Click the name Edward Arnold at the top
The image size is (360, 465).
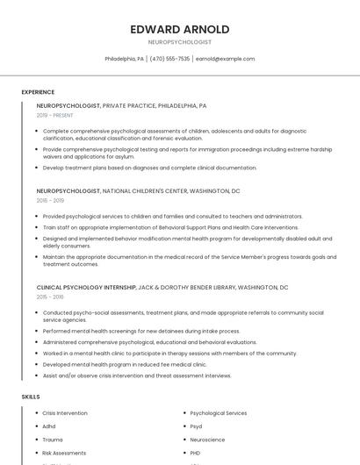pos(180,30)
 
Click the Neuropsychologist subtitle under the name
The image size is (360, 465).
pos(180,42)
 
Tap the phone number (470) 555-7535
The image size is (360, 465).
pos(169,59)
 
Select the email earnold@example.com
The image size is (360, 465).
pos(225,59)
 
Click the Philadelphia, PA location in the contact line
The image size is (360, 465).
pos(125,59)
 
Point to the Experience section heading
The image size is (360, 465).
pos(38,92)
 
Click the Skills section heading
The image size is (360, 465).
pos(31,397)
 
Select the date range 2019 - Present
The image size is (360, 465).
pos(55,115)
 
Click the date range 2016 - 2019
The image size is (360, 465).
pos(50,200)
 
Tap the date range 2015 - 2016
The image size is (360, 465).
pos(50,297)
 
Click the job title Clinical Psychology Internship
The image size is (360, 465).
pos(86,287)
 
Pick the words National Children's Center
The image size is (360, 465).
pos(141,190)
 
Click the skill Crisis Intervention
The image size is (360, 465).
pos(65,412)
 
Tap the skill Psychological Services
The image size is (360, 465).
pos(219,412)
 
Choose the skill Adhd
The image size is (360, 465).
pos(49,426)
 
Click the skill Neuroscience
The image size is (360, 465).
pos(207,440)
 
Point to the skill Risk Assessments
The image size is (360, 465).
pos(64,453)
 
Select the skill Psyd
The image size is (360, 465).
pos(197,426)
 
